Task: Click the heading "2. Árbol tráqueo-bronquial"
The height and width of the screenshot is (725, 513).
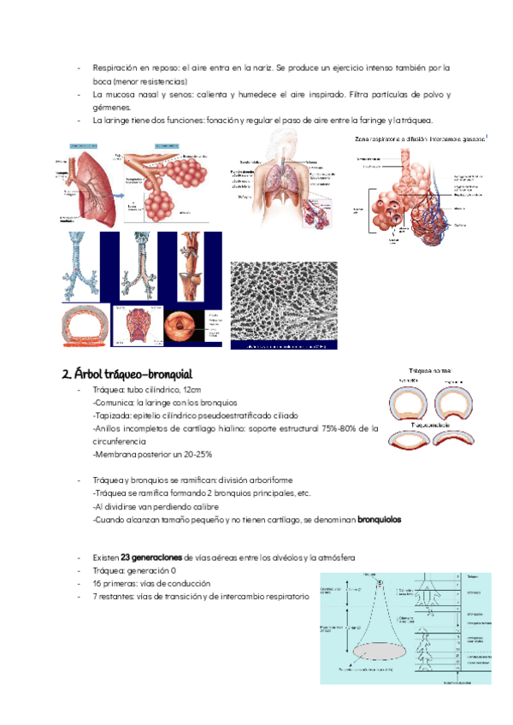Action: click(x=127, y=374)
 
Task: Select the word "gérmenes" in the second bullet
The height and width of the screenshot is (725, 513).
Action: click(x=111, y=108)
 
